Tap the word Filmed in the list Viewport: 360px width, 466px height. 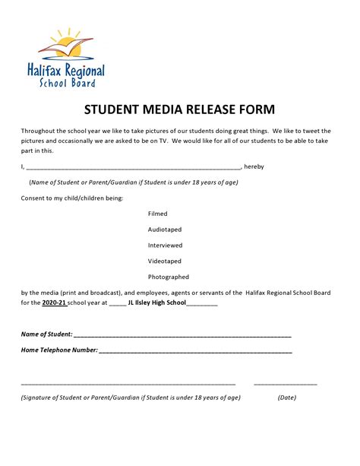point(157,214)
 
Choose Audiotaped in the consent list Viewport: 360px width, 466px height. point(165,230)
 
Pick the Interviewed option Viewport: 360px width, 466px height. point(165,246)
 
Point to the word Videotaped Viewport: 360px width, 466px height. point(165,261)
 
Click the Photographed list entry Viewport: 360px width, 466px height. point(169,277)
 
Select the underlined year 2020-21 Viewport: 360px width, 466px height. point(54,303)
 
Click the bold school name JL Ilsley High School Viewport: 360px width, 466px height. point(157,303)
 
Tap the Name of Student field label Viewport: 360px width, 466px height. point(46,334)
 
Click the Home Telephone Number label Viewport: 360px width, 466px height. point(59,350)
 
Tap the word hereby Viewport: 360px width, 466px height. point(254,166)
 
